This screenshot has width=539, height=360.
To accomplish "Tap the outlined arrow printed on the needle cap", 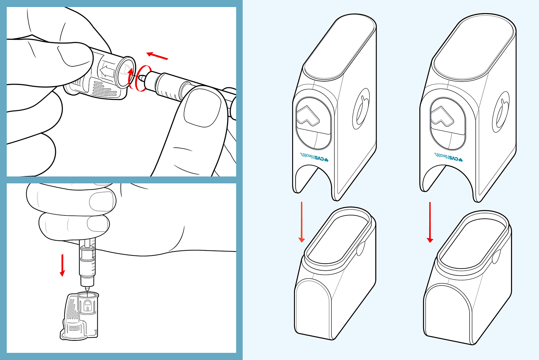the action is [106, 71].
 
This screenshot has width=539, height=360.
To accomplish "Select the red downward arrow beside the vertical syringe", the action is [63, 265].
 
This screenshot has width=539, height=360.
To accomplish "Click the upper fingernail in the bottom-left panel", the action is [101, 202].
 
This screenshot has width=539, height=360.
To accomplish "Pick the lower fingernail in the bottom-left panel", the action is [98, 223].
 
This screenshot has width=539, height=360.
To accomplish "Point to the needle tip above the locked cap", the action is [87, 290].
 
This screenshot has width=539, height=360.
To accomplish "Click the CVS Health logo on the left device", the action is [314, 157].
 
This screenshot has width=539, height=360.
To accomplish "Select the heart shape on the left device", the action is [308, 116].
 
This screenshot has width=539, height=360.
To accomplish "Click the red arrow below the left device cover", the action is [302, 222].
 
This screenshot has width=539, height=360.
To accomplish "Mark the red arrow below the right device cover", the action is [430, 222].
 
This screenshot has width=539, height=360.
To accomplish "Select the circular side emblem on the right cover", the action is [501, 112].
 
